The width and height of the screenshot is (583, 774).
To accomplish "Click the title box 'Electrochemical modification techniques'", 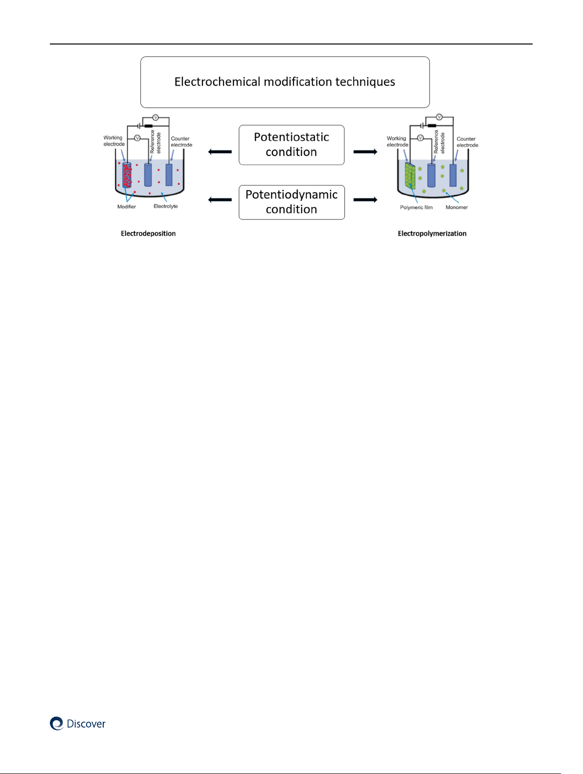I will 285,82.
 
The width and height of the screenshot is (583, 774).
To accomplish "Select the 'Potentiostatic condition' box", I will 291,145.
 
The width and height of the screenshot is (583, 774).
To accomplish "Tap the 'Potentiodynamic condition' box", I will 291,202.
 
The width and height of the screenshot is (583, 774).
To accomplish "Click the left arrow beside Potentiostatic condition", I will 220,152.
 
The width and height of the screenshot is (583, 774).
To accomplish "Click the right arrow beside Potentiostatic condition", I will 365,152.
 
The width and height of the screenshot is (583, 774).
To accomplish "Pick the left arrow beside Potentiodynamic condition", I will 220,199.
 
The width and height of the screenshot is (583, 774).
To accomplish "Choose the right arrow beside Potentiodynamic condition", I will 365,199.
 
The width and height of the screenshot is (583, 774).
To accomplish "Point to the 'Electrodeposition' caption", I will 148,234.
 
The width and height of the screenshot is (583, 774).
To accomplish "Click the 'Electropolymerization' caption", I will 432,234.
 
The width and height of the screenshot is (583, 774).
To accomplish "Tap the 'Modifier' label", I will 127,207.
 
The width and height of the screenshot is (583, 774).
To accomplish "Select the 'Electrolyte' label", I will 166,206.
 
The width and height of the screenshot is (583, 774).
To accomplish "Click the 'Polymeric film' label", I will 416,207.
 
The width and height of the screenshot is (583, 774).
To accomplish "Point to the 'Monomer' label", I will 457,207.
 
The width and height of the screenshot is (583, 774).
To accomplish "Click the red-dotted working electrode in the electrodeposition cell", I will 127,176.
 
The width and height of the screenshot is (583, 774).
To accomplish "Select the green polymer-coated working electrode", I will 410,176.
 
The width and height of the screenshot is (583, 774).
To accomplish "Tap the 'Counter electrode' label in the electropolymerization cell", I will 467,142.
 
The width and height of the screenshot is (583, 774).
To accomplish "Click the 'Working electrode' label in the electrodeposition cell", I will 114,141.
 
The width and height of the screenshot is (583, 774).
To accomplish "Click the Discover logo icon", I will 57,724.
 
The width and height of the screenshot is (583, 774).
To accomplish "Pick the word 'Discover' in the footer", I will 86,724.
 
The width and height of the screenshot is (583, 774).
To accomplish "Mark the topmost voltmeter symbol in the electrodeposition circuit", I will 156,118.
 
